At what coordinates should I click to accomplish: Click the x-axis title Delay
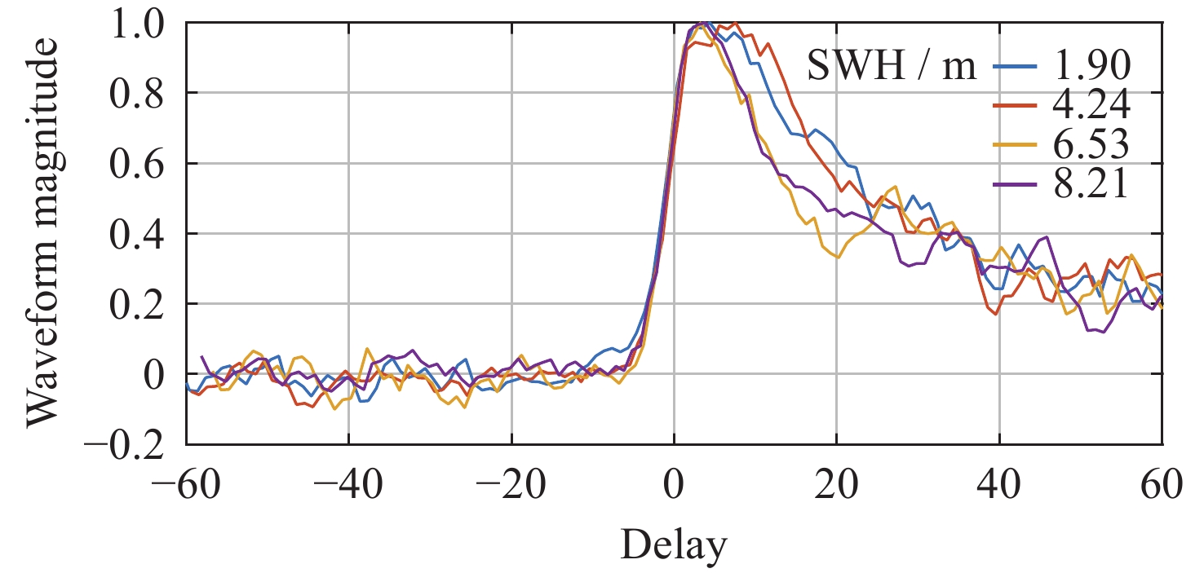(x=674, y=545)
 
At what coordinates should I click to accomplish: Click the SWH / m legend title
(x=892, y=68)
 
